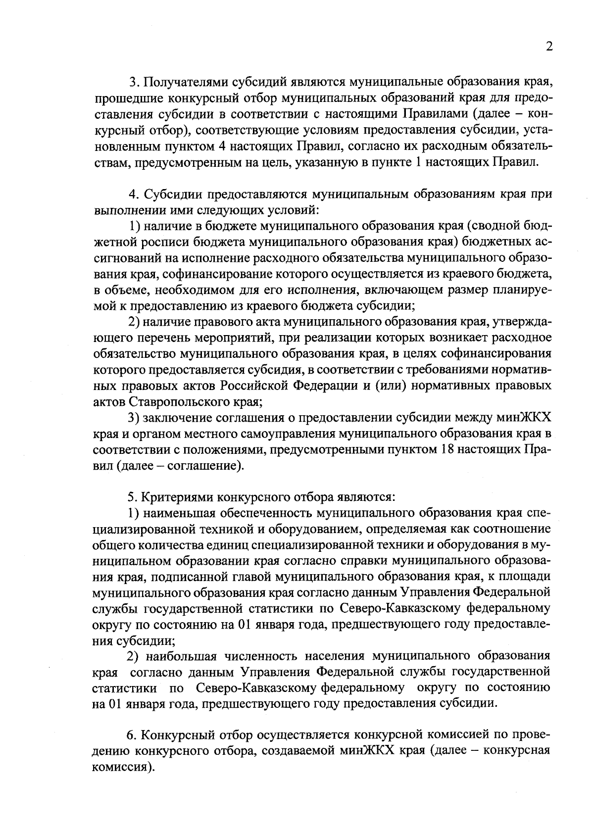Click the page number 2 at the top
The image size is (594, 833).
click(548, 47)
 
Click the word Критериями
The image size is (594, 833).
click(180, 497)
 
